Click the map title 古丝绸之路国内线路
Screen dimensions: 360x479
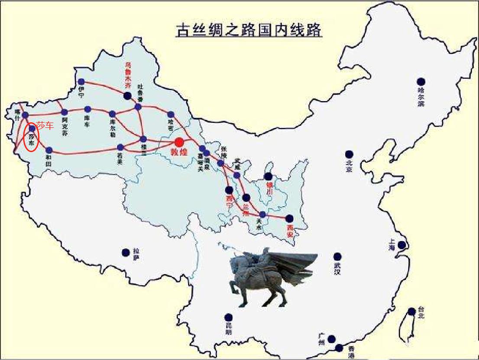pyautogui.click(x=249, y=31)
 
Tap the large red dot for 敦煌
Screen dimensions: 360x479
pyautogui.click(x=179, y=142)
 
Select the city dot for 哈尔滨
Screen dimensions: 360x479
pyautogui.click(x=421, y=81)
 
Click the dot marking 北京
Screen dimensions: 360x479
pyautogui.click(x=349, y=154)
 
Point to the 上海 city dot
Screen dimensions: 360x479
pyautogui.click(x=402, y=245)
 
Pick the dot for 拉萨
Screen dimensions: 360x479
pyautogui.click(x=126, y=252)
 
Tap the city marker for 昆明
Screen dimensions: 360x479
pyautogui.click(x=228, y=318)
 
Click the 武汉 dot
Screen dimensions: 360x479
pyautogui.click(x=337, y=257)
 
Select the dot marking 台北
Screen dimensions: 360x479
pyautogui.click(x=412, y=311)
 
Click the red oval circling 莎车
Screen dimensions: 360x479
pyautogui.click(x=31, y=137)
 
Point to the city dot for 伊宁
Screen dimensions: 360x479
pyautogui.click(x=81, y=81)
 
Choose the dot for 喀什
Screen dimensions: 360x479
pyautogui.click(x=25, y=115)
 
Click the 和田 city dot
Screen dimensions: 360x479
pyautogui.click(x=49, y=150)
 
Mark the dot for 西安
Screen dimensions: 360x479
pyautogui.click(x=289, y=218)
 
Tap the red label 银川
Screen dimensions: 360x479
pyautogui.click(x=270, y=188)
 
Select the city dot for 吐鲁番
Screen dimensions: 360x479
pyautogui.click(x=138, y=107)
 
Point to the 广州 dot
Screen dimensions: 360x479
pyautogui.click(x=332, y=339)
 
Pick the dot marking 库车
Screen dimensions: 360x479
pyautogui.click(x=88, y=109)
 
